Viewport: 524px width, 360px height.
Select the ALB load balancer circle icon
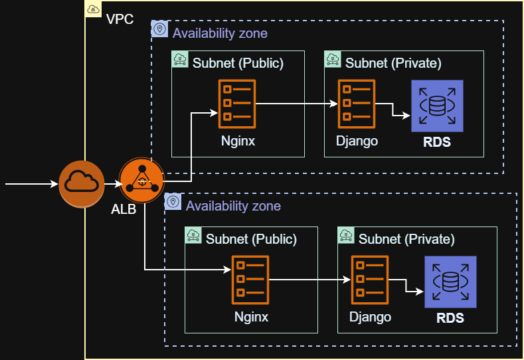pyautogui.click(x=141, y=181)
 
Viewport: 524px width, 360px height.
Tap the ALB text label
pyautogui.click(x=123, y=211)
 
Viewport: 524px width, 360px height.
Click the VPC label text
pyautogui.click(x=120, y=19)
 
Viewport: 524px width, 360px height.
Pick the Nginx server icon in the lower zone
pyautogui.click(x=250, y=280)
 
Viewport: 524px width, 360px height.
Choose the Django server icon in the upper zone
pyautogui.click(x=357, y=104)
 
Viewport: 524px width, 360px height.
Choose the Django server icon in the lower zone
pyautogui.click(x=370, y=280)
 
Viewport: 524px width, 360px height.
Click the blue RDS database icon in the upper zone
pyautogui.click(x=436, y=106)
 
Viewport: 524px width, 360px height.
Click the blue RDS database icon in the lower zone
pyautogui.click(x=450, y=282)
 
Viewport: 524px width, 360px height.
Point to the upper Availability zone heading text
pyautogui.click(x=220, y=33)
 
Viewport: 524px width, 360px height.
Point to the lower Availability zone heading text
pyautogui.click(x=233, y=206)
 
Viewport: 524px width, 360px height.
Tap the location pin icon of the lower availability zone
pyautogui.click(x=173, y=201)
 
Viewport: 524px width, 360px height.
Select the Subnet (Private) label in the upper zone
pyautogui.click(x=393, y=63)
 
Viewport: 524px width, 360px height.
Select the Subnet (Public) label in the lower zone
pyautogui.click(x=251, y=238)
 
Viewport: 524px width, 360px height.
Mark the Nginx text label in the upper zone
pyautogui.click(x=238, y=141)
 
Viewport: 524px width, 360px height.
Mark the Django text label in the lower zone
pyautogui.click(x=370, y=317)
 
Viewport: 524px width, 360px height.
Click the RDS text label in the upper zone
pyautogui.click(x=437, y=142)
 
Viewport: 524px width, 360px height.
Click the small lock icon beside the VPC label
pyautogui.click(x=94, y=9)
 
